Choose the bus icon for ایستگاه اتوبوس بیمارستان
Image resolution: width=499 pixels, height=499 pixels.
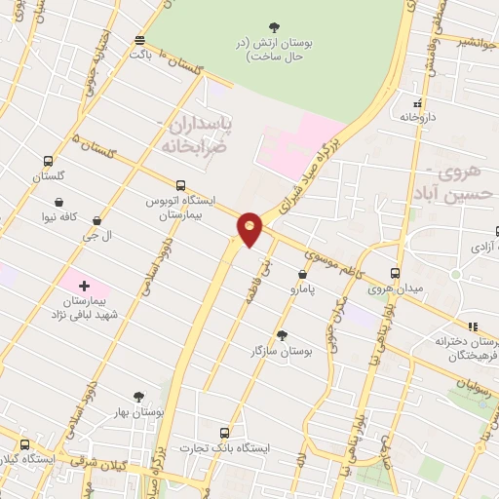[180, 185]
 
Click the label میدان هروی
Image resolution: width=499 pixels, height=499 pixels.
[395, 288]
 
